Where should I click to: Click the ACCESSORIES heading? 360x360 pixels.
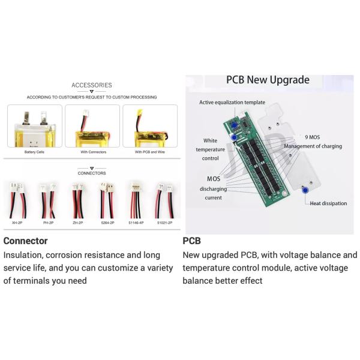(x=91, y=85)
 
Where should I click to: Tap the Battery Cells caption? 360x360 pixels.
(x=34, y=152)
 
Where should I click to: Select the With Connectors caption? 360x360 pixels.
(x=92, y=152)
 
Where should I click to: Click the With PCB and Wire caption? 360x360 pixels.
(x=149, y=152)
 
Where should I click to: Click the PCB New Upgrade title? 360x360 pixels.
(x=268, y=80)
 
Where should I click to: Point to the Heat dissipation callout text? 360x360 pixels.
(x=328, y=203)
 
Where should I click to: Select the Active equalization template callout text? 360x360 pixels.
(x=232, y=103)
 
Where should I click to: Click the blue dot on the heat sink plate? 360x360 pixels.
(x=305, y=190)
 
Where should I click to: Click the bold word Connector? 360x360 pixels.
(x=25, y=241)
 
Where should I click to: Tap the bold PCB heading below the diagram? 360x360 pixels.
(x=191, y=241)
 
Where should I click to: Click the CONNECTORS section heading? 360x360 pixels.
(x=91, y=173)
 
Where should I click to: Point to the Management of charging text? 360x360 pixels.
(x=313, y=146)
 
